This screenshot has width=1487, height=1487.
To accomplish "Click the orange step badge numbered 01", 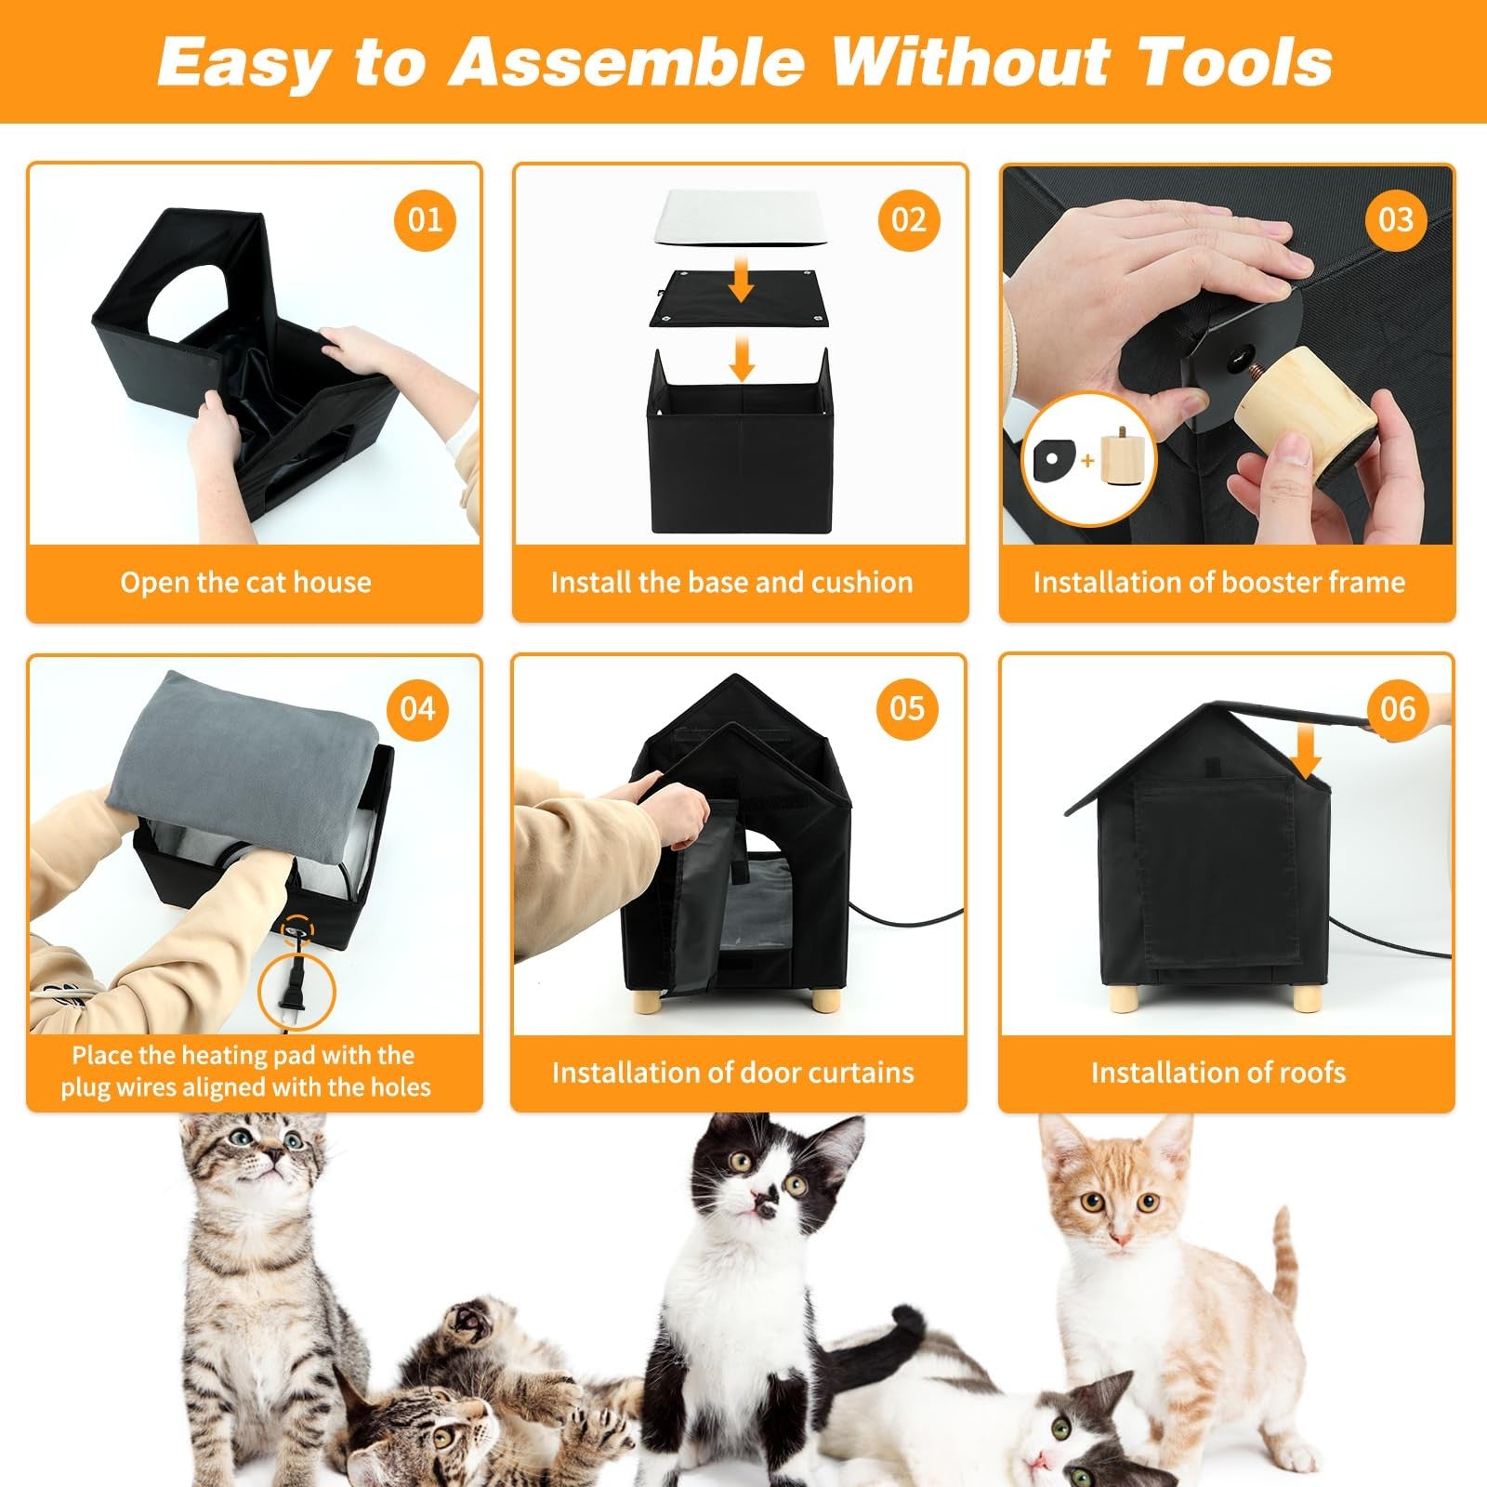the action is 425,220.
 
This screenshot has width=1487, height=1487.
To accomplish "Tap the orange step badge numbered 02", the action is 909,220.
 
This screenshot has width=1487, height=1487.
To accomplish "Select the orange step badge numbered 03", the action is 1396,220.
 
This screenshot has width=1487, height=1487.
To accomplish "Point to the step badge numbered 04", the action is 418,710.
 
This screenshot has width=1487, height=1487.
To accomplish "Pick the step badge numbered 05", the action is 907,709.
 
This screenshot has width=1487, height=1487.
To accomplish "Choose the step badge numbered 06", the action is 1398,710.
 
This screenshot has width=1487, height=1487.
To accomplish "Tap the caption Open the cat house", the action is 245,583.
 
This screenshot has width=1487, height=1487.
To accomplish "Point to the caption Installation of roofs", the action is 1218,1073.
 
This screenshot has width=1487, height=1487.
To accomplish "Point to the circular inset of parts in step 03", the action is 1088,459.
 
